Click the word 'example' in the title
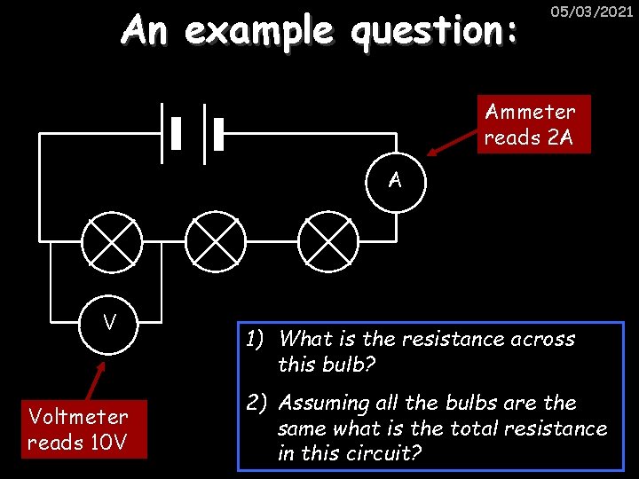point(259,31)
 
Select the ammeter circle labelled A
point(396,181)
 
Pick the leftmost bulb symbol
point(112,239)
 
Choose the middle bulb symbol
point(216,239)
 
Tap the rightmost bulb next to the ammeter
point(327,239)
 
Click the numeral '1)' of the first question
point(257,339)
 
